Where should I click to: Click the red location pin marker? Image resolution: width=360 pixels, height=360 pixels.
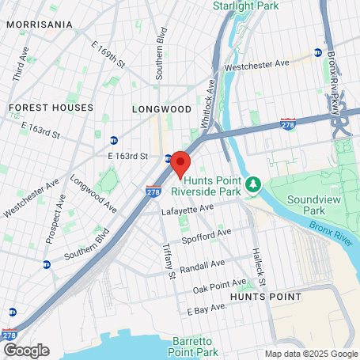[x=180, y=163]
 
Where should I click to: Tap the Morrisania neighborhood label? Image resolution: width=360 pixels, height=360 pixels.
[x=40, y=25]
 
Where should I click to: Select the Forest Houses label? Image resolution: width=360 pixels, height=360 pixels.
[x=51, y=107]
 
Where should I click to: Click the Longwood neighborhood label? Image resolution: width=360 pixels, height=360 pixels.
[x=161, y=108]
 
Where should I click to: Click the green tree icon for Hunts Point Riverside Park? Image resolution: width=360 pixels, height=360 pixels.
[x=252, y=184]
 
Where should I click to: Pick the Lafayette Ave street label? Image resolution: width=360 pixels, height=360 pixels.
[x=188, y=209]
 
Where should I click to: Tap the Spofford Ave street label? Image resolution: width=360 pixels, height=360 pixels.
[x=208, y=233]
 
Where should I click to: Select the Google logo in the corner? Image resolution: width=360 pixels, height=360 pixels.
[x=25, y=350]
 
